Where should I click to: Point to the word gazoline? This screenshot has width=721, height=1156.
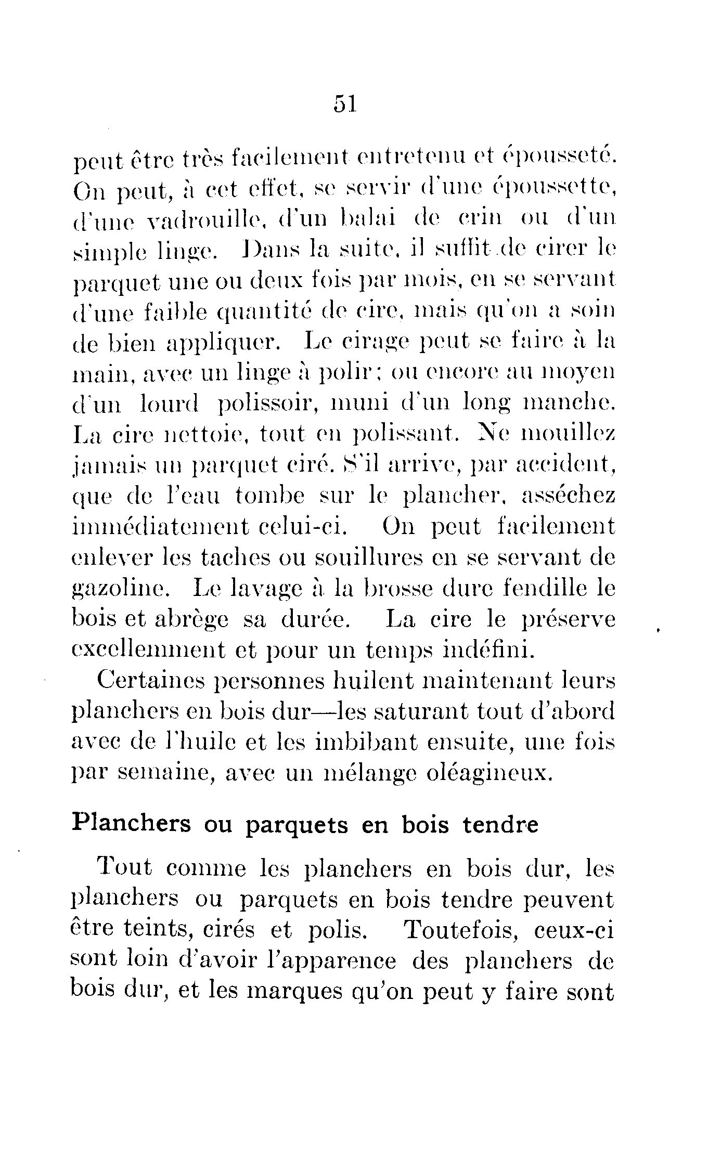tap(118, 589)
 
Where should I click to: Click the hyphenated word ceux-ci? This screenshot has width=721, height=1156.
tap(574, 930)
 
